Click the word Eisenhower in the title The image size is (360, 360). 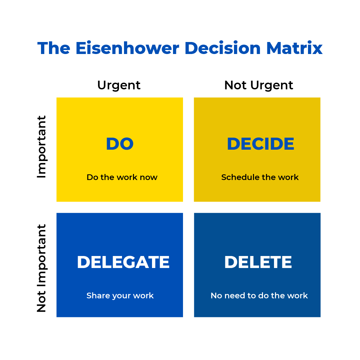coord(127,48)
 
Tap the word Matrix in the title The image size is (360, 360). coord(295,48)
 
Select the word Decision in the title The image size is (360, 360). coord(223,48)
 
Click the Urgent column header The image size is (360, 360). coord(119,86)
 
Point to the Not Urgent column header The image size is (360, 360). coord(259,86)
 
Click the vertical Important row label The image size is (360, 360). coord(42,147)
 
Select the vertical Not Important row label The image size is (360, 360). coord(42,268)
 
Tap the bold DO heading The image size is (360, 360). coord(120,144)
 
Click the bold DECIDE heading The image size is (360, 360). coord(261,144)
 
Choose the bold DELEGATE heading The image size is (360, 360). coord(123,262)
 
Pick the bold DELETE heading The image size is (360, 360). coord(258,262)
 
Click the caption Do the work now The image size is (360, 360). coord(122,177)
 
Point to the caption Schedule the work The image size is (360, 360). coord(260,177)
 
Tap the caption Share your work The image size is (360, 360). coord(120,296)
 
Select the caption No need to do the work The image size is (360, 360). coord(259,295)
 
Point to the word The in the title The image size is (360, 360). coord(54,48)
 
